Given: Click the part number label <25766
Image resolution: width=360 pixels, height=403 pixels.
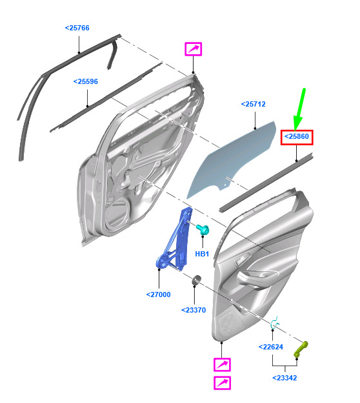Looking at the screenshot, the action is point(77,28).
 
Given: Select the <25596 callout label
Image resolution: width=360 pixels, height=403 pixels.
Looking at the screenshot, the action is point(86,81).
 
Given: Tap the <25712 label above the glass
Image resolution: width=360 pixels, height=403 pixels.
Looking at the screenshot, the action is point(253,104).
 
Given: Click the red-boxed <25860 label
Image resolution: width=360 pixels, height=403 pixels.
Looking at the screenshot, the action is point(297,136).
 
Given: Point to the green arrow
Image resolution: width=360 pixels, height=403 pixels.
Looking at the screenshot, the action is point(299,109).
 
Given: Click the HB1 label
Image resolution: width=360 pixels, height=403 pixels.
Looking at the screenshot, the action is point(202,254).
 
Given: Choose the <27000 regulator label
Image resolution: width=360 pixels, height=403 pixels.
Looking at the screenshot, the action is point(158,294).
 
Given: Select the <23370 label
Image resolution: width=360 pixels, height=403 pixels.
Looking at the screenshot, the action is point(194,310).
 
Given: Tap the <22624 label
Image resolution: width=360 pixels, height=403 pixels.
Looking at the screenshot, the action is point(270,347).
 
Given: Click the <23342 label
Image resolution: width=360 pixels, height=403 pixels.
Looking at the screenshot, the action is point(285,378).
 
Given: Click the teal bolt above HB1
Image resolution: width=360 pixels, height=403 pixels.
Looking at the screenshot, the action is point(203,229).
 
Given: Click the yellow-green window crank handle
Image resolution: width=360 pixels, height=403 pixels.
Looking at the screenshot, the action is point(301,349).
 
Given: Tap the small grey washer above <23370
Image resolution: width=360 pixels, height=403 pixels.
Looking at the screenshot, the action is point(197,279).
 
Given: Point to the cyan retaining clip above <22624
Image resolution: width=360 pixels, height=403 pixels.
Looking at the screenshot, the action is point(274,323).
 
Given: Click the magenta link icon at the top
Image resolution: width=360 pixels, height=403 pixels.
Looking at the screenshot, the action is point(194,49).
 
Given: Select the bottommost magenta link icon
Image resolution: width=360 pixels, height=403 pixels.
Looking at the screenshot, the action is point(222,383).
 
